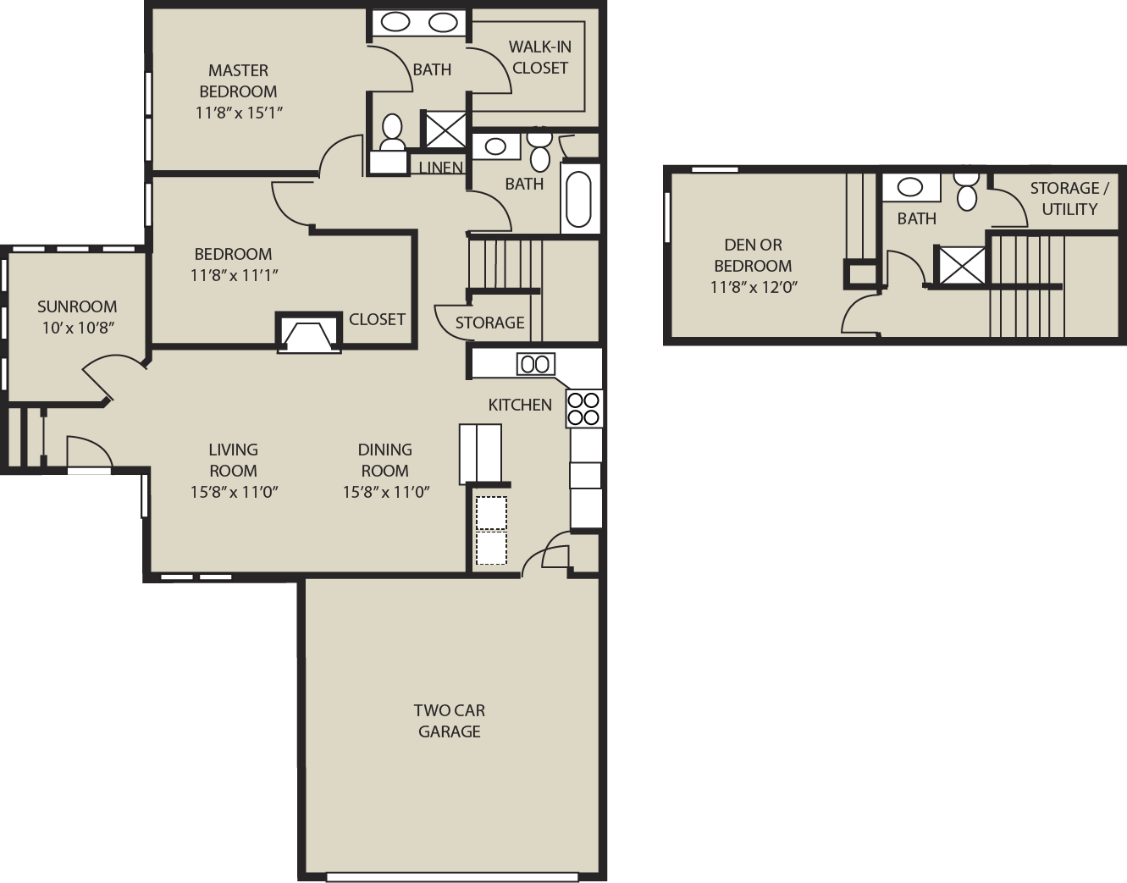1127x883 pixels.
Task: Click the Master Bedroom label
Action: (x=238, y=80)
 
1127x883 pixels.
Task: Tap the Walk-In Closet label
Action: (x=540, y=57)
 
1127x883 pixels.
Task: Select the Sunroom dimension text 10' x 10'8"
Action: (x=78, y=328)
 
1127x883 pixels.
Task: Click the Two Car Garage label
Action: (x=449, y=720)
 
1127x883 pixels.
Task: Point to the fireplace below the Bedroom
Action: (x=308, y=333)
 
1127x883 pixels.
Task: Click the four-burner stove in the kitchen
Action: (x=584, y=409)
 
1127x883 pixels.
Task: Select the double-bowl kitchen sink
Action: (x=535, y=364)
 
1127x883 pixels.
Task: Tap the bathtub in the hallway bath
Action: (x=579, y=199)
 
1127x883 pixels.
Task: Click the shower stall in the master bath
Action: (x=445, y=129)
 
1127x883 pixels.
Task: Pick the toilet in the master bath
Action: (x=392, y=132)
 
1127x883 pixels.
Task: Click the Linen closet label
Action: (x=440, y=168)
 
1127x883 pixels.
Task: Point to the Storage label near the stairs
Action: (x=489, y=323)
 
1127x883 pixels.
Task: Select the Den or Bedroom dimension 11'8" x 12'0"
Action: (x=753, y=287)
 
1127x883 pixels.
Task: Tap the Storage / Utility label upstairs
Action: (x=1069, y=199)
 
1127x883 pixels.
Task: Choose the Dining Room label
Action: (x=384, y=460)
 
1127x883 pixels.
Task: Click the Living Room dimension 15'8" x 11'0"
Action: (x=234, y=492)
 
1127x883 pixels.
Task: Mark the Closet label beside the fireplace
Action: (x=377, y=319)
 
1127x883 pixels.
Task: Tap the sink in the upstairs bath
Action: (x=911, y=188)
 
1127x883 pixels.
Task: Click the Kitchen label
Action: (x=520, y=405)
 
